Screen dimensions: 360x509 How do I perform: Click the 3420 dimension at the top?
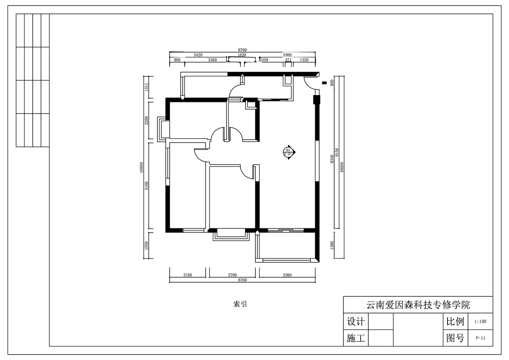tap(198, 55)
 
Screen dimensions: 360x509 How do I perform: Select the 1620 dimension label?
tap(242, 55)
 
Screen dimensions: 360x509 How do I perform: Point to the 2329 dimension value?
tap(264, 60)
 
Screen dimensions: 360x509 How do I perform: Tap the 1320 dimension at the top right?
tap(304, 60)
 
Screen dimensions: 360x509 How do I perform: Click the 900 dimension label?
tap(177, 60)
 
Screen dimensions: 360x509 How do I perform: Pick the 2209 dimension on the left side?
tap(146, 121)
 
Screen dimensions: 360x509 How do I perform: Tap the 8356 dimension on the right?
tap(332, 159)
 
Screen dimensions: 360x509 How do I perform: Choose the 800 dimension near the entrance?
tap(332, 83)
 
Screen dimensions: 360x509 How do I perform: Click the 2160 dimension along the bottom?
tap(187, 275)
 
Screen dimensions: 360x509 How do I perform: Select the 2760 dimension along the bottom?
tap(232, 275)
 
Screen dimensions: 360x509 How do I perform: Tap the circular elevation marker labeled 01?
tap(289, 152)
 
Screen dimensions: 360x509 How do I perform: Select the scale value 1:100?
tap(480, 322)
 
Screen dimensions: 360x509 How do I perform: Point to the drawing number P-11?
tap(480, 338)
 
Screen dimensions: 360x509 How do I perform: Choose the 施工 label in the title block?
tap(355, 338)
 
